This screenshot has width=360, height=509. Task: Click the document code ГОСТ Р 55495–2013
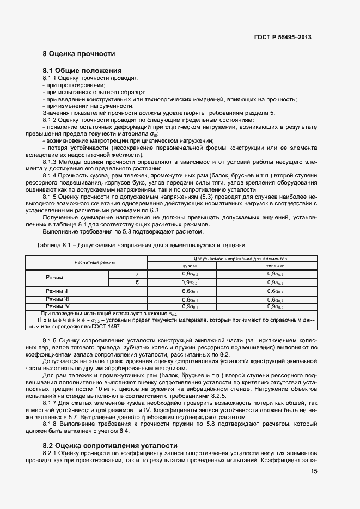click(283, 38)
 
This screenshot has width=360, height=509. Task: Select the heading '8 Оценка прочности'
click(79, 54)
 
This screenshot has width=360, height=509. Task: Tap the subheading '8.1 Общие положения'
click(82, 71)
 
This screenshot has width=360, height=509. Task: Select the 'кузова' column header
click(182, 266)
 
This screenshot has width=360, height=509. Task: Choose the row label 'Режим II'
click(57, 291)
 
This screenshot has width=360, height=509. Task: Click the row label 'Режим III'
click(57, 299)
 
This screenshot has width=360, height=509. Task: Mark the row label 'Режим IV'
click(57, 306)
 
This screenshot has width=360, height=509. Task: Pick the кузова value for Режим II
click(190, 292)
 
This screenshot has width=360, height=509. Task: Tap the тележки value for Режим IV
click(275, 307)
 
